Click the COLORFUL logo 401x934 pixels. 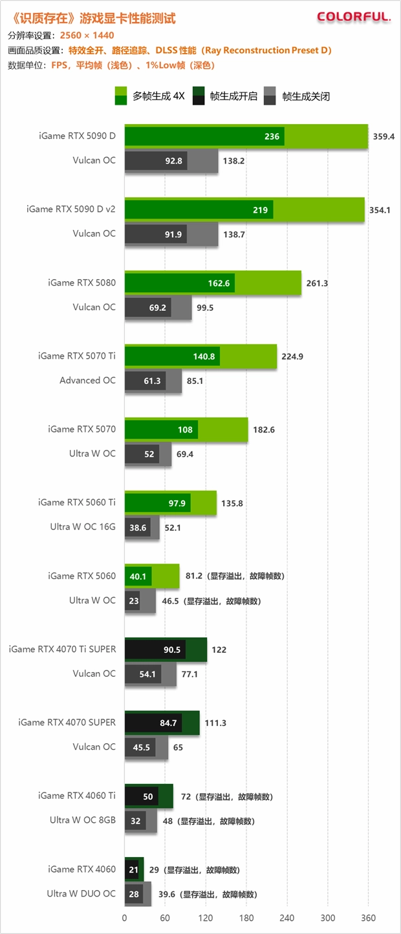click(354, 17)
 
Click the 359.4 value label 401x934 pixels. click(384, 136)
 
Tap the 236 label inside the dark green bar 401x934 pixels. click(272, 136)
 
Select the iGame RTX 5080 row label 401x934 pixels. click(81, 282)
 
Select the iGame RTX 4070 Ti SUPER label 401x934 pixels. click(62, 649)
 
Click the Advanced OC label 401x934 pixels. click(87, 380)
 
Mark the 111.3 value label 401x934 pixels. click(215, 723)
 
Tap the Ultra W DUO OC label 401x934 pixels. click(81, 893)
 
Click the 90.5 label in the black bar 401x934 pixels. click(172, 650)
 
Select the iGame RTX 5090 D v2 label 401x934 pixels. click(71, 209)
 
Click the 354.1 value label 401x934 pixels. click(380, 210)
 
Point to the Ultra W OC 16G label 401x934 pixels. click(83, 527)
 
